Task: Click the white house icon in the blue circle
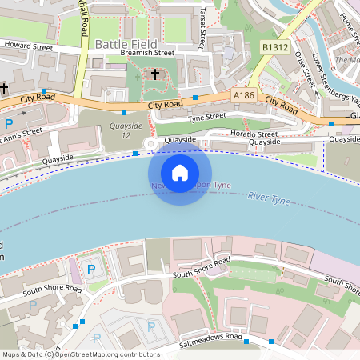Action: coord(180,172)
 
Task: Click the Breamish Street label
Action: coord(147,53)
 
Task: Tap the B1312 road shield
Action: coord(274,48)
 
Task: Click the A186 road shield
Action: coord(245,95)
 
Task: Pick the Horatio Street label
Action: coord(255,134)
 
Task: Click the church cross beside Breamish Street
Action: coord(156,74)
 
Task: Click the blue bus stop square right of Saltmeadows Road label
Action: coord(246,342)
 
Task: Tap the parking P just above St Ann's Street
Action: coord(9,124)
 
